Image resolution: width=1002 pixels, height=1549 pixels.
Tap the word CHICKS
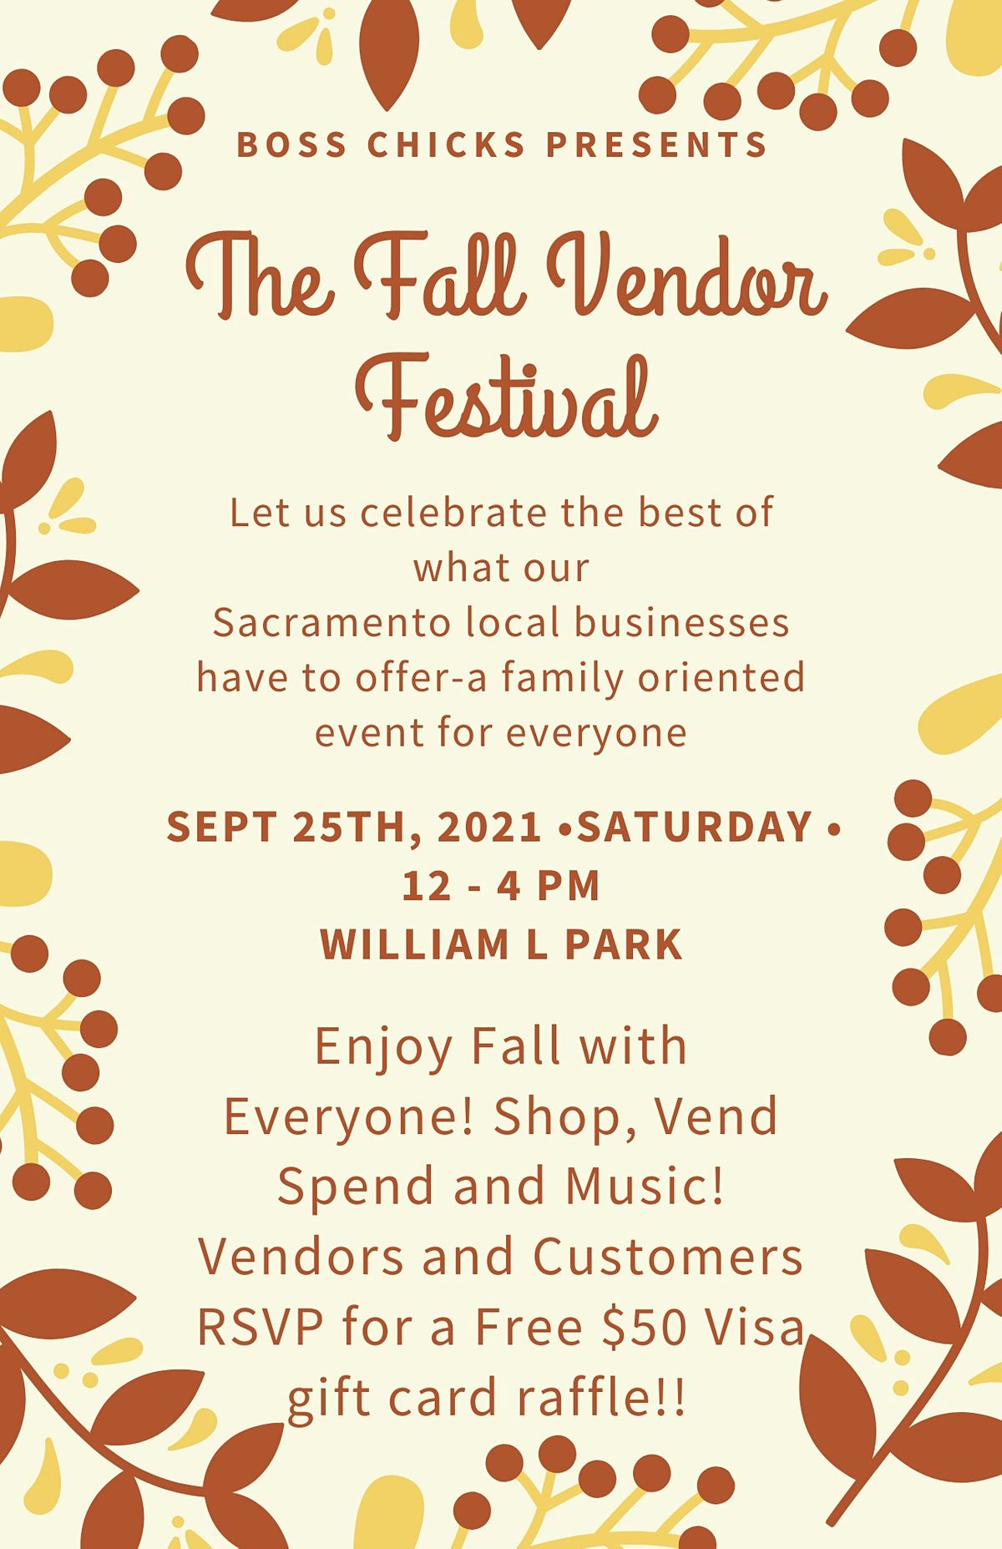447,144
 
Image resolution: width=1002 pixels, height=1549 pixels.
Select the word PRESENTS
656,144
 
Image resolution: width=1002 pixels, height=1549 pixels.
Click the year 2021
491,827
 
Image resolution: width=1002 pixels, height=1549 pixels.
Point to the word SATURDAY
696,827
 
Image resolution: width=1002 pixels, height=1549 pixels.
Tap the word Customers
668,1256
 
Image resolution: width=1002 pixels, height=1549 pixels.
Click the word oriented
721,677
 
